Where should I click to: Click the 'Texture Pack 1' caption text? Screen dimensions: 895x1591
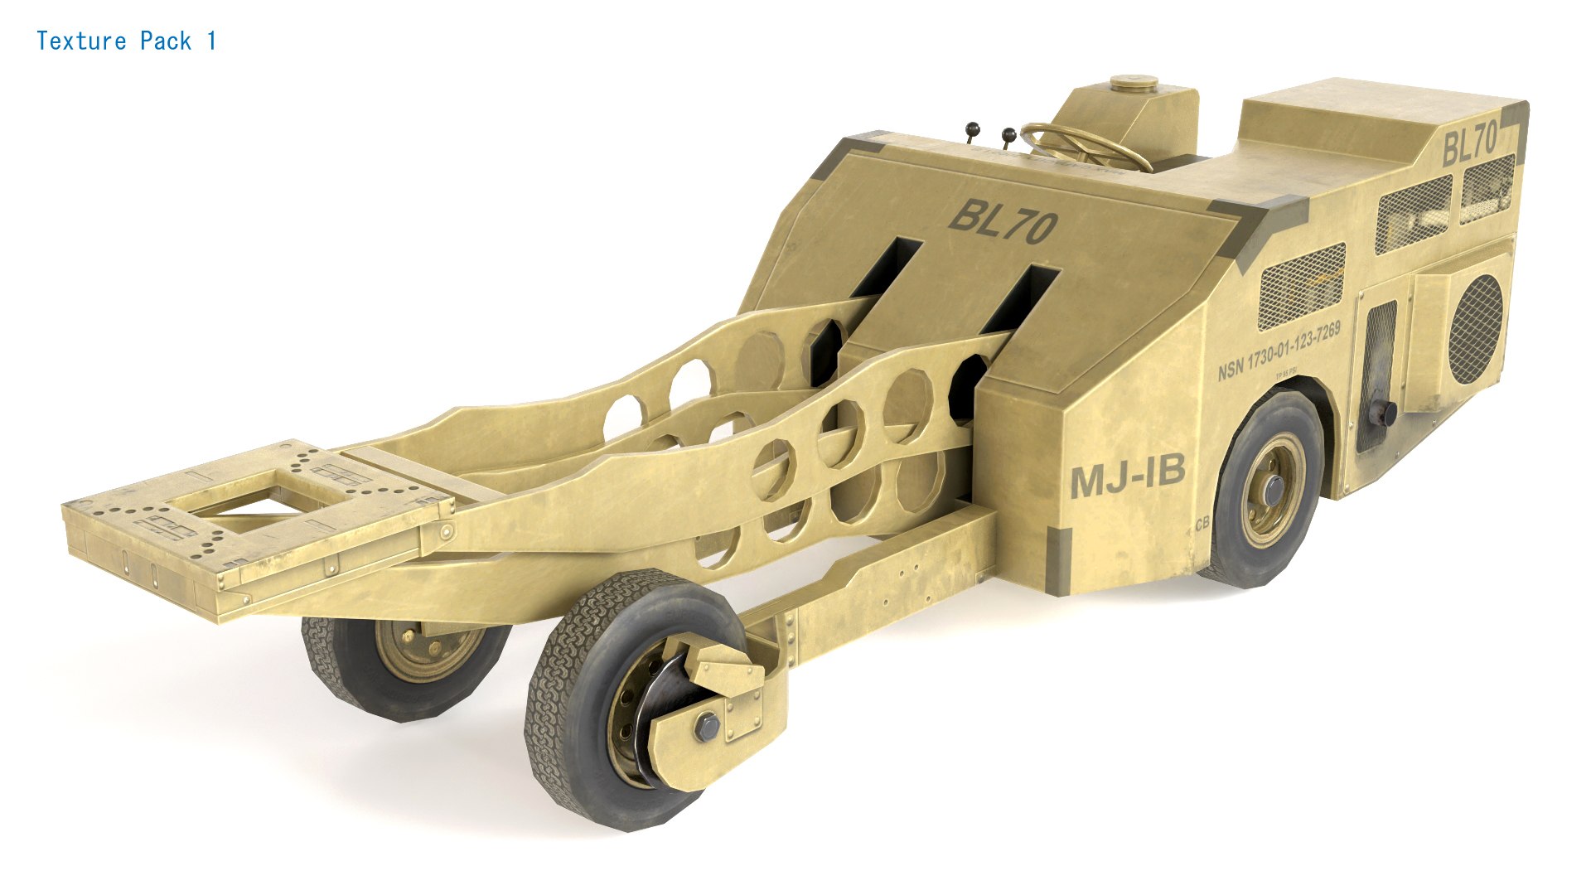point(126,41)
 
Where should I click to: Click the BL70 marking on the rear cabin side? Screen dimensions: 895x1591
point(1470,143)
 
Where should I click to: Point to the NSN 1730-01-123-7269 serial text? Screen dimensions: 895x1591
point(1279,352)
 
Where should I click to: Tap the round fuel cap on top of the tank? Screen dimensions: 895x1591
point(1134,82)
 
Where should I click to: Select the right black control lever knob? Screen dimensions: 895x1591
point(1008,133)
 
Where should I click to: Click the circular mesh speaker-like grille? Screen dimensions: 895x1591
point(1475,328)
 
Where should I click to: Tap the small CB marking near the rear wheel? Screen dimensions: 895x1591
point(1202,524)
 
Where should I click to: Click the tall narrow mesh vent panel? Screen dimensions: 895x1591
point(1380,348)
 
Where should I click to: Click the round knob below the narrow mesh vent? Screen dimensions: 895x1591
point(1385,413)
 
